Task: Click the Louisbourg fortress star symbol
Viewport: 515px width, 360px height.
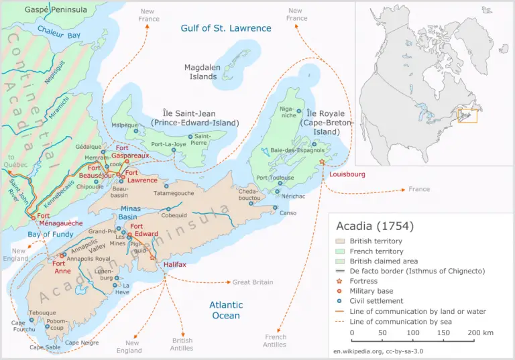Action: pyautogui.click(x=322, y=162)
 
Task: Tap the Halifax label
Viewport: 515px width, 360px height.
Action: pyautogui.click(x=175, y=265)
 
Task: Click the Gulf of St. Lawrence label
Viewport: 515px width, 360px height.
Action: pyautogui.click(x=226, y=28)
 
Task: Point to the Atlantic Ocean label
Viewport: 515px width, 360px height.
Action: pyautogui.click(x=225, y=310)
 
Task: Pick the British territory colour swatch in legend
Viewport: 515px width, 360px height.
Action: pyautogui.click(x=340, y=241)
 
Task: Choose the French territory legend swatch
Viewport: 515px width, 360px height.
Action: pyautogui.click(x=340, y=251)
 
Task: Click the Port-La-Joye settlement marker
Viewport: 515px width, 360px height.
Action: pyautogui.click(x=174, y=150)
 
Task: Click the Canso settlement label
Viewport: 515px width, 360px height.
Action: pyautogui.click(x=288, y=213)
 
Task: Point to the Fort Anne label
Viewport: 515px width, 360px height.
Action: pyautogui.click(x=63, y=267)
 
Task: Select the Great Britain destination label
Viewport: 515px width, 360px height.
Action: pyautogui.click(x=253, y=282)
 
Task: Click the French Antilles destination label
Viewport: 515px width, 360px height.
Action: pyautogui.click(x=275, y=341)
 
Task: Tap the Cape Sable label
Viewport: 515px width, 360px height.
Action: pyautogui.click(x=45, y=347)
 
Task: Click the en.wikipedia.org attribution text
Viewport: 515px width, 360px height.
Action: pyautogui.click(x=378, y=351)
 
